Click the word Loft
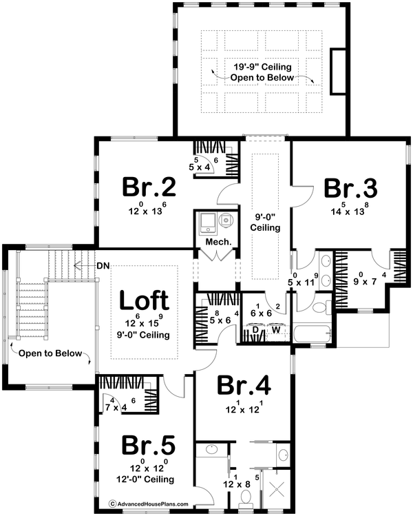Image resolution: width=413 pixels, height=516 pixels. click(x=145, y=301)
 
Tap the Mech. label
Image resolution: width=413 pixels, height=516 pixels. click(x=216, y=243)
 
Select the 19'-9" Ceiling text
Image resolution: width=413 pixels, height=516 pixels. click(x=262, y=67)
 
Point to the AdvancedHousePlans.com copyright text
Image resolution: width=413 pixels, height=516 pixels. click(x=149, y=505)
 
